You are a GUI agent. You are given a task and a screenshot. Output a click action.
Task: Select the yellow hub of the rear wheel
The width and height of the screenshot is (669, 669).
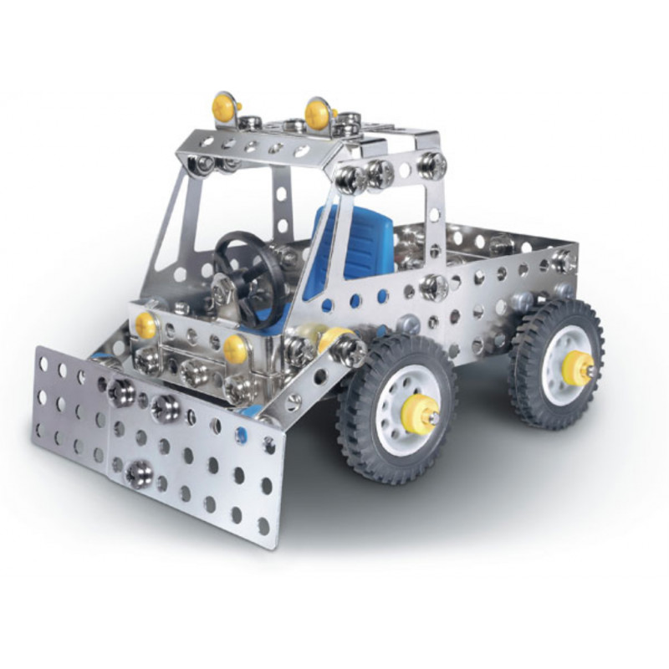pyautogui.click(x=575, y=365)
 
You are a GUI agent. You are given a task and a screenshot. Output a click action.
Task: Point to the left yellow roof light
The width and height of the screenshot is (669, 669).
pyautogui.click(x=223, y=106)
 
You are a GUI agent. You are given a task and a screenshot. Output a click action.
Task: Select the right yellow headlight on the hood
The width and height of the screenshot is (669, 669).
pyautogui.click(x=235, y=346)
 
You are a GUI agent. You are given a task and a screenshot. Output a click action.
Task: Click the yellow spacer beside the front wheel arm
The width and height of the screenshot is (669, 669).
pyautogui.click(x=333, y=339)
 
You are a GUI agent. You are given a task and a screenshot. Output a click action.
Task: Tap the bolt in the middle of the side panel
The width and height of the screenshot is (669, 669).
pyautogui.click(x=434, y=287)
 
